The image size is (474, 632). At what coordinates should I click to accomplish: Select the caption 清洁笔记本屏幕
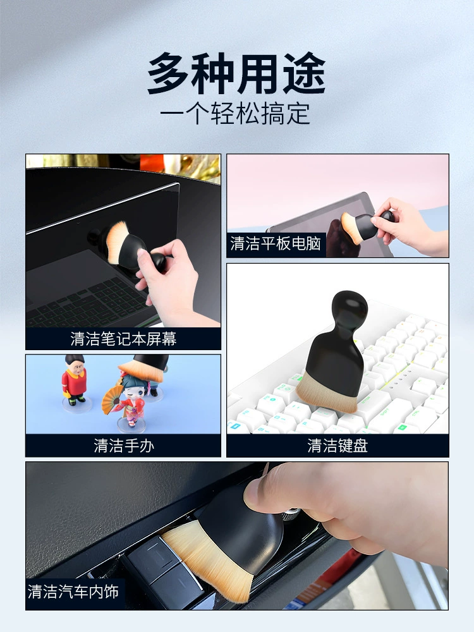click(123, 339)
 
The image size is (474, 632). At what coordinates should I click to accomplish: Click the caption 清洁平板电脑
click(276, 243)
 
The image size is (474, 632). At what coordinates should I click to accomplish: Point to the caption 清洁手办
click(124, 446)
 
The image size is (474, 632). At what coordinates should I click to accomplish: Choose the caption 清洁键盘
click(337, 446)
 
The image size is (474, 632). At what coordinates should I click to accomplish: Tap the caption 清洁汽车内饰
click(73, 592)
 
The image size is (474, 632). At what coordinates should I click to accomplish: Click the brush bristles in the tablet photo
click(350, 228)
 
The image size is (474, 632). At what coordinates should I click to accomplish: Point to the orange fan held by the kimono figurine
click(112, 399)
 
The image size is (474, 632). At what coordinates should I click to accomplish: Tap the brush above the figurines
click(146, 368)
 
